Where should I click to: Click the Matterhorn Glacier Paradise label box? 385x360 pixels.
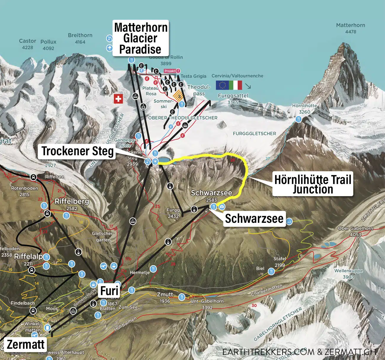pos(141,38)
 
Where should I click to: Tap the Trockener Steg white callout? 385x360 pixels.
pos(77,151)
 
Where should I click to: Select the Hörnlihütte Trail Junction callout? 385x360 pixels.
pos(313,184)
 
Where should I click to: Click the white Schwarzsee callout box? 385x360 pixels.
pos(254,219)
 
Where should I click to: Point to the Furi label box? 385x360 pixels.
pos(109,291)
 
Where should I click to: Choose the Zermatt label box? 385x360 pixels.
pos(25,345)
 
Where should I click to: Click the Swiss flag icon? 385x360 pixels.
pos(118,99)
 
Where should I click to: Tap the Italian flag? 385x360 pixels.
pos(235,85)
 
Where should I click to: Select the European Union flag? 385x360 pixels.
pos(222,85)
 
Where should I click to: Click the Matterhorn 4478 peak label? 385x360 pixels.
pos(350,28)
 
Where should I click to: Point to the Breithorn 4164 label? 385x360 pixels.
pos(80,38)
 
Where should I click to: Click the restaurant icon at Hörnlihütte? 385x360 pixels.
pos(298,119)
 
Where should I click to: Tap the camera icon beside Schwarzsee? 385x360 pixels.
pos(222,207)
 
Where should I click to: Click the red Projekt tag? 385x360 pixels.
pos(172,71)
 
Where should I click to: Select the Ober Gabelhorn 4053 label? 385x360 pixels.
pos(355,231)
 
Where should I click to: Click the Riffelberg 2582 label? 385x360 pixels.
pos(72,204)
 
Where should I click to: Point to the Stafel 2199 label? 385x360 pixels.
pos(280,261)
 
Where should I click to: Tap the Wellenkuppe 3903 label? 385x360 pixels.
pos(348,273)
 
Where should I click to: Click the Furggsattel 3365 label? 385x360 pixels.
pos(233,99)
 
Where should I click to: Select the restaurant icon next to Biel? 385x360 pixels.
pos(271,271)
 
